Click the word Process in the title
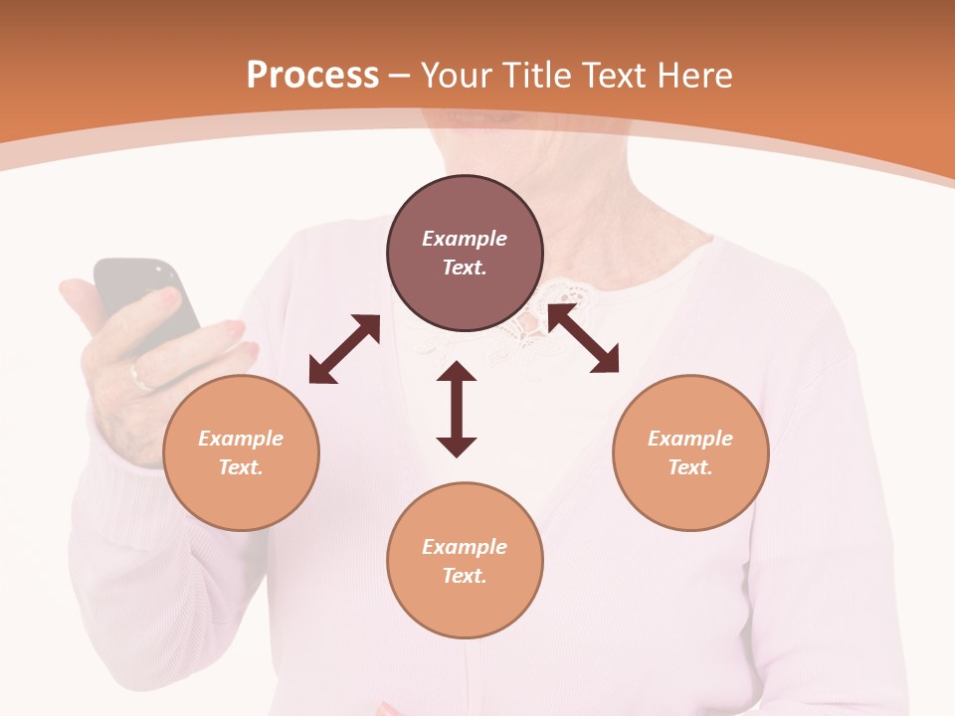point(312,76)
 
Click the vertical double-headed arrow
point(457,409)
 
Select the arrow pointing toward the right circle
point(583,338)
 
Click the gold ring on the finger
point(138,376)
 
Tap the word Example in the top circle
point(465,239)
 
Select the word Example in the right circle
point(690,439)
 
